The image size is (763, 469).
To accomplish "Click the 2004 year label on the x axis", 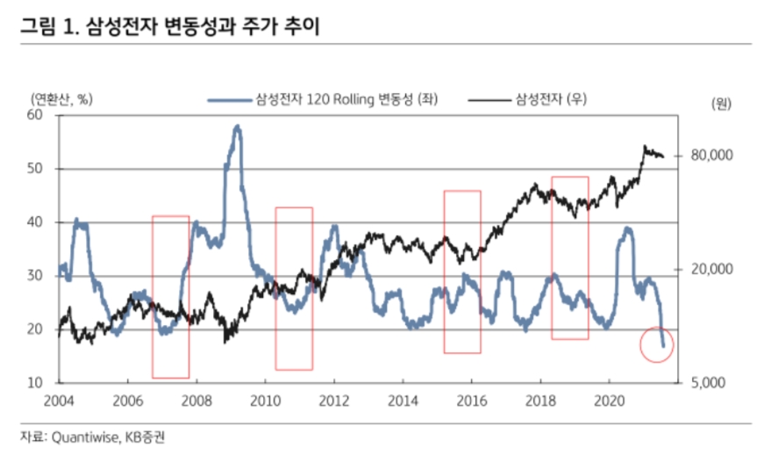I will point(59,399).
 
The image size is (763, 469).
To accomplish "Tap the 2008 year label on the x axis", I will point(196,399).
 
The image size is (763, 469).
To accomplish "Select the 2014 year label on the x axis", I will point(403,399).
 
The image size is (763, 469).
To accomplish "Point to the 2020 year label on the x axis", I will point(610,399).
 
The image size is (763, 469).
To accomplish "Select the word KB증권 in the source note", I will point(145,437).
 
